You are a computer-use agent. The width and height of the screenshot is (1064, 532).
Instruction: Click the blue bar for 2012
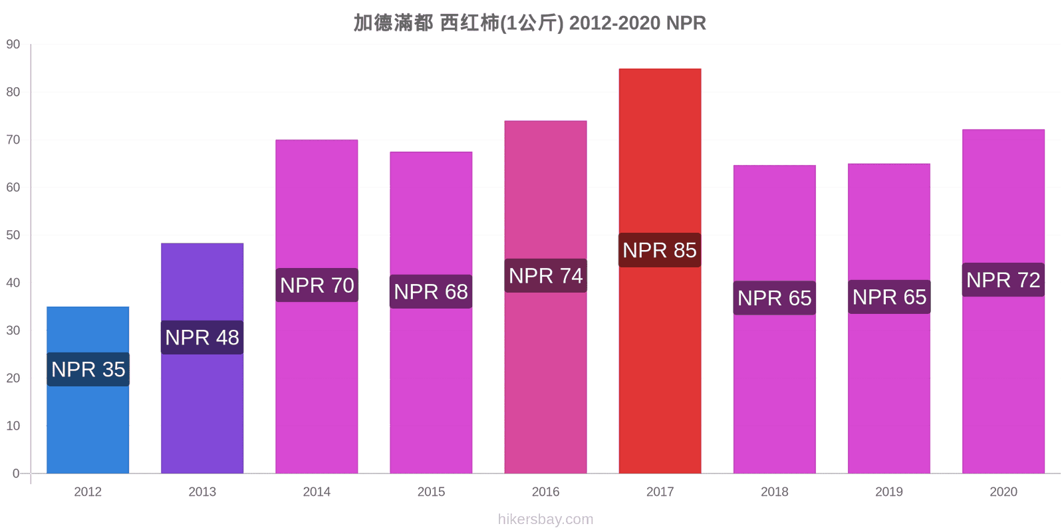pyautogui.click(x=88, y=390)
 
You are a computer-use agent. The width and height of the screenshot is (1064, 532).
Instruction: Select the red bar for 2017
pyautogui.click(x=660, y=271)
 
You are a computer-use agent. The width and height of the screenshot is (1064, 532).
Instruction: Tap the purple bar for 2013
pyautogui.click(x=202, y=358)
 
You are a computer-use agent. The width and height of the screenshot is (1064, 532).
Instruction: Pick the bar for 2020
pyautogui.click(x=1003, y=301)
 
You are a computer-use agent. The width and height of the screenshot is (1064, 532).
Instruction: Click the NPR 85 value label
pyautogui.click(x=660, y=250)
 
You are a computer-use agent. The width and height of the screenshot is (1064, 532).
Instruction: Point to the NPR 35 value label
pyautogui.click(x=88, y=369)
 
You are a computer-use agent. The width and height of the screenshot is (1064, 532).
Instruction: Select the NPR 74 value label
pyautogui.click(x=545, y=275)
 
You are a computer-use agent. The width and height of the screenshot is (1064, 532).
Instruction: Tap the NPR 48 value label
pyautogui.click(x=202, y=337)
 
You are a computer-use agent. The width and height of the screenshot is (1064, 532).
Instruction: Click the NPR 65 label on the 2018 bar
pyautogui.click(x=774, y=298)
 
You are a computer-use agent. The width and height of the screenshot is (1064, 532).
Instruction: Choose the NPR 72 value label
pyautogui.click(x=1003, y=280)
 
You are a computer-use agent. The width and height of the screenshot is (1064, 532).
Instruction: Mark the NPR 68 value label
pyautogui.click(x=431, y=291)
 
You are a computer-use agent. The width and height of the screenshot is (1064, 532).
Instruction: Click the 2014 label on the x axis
pyautogui.click(x=317, y=491)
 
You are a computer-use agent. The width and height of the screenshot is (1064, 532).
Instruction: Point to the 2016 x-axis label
pyautogui.click(x=545, y=491)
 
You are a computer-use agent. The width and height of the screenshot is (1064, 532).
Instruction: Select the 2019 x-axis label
pyautogui.click(x=888, y=491)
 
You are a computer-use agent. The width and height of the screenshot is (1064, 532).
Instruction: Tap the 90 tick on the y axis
pyautogui.click(x=13, y=44)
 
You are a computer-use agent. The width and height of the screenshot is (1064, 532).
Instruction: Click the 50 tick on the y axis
pyautogui.click(x=13, y=235)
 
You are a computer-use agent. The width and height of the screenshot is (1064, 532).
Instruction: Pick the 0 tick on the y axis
pyautogui.click(x=16, y=473)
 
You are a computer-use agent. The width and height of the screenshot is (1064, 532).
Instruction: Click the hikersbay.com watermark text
pyautogui.click(x=545, y=519)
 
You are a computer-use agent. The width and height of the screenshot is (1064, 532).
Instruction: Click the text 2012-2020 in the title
pyautogui.click(x=614, y=23)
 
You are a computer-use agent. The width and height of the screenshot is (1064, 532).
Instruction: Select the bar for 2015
pyautogui.click(x=431, y=313)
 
